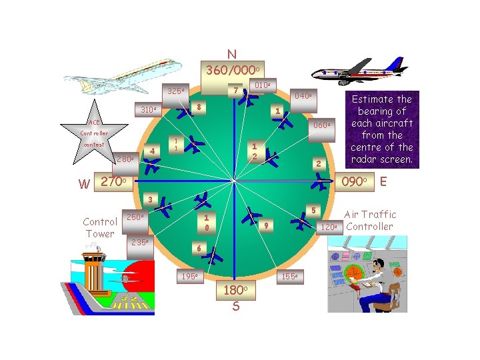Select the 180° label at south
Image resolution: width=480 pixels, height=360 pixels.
(x=236, y=291)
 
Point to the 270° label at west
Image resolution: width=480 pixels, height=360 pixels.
(x=117, y=181)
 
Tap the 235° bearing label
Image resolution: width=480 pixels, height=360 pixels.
(x=140, y=243)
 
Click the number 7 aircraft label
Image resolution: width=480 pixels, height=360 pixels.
(x=235, y=90)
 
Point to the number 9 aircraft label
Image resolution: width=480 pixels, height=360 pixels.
(x=265, y=225)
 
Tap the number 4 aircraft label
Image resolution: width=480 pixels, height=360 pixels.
(x=153, y=151)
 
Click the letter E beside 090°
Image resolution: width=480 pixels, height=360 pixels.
(x=383, y=181)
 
